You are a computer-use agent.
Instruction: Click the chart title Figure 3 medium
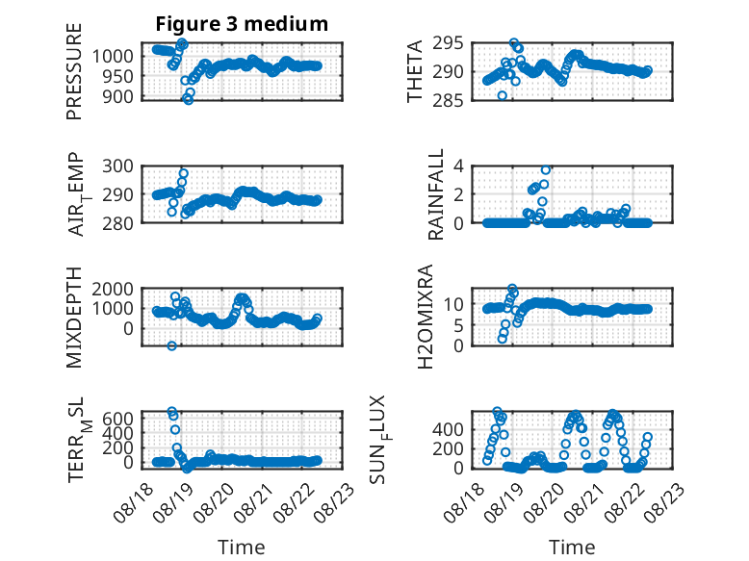coord(242,23)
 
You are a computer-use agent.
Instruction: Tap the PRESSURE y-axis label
coord(74,71)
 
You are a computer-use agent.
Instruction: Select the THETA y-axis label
coord(415,71)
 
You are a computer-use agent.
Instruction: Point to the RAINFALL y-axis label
coord(436,194)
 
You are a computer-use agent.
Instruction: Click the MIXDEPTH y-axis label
coord(74,318)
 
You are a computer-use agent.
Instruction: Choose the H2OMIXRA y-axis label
coord(425,317)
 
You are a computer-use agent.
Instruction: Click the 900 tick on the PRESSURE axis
coord(120,96)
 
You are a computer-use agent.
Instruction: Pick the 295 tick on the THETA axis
coord(448,43)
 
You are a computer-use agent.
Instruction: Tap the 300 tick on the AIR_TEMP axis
coord(118,166)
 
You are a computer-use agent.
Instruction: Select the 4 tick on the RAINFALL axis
coord(458,166)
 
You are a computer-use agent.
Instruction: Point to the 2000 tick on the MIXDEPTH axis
coord(113,289)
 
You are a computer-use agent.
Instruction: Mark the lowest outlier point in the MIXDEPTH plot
coord(172,345)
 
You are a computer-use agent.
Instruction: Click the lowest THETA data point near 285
coord(502,95)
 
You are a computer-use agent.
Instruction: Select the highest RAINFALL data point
coord(546,170)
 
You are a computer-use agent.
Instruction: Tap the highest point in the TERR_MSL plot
coord(172,411)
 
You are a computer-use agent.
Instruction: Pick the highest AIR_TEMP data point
coord(184,173)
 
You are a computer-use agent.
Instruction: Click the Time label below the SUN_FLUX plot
coord(572,548)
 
